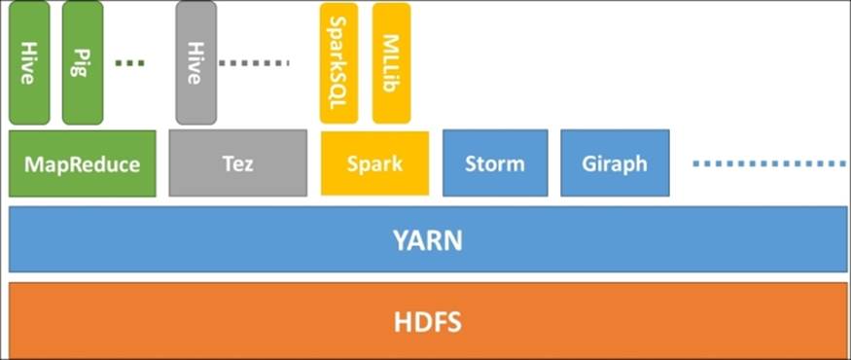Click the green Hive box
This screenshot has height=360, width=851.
pyautogui.click(x=29, y=63)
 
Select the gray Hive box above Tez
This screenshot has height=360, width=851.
pyautogui.click(x=195, y=63)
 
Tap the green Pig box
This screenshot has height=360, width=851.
pyautogui.click(x=83, y=63)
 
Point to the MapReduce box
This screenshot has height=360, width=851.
pyautogui.click(x=82, y=163)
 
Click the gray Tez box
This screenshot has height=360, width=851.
pyautogui.click(x=238, y=163)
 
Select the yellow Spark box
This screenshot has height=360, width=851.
pyautogui.click(x=374, y=163)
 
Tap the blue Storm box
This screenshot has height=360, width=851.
pyautogui.click(x=495, y=163)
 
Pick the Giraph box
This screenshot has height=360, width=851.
pyautogui.click(x=615, y=163)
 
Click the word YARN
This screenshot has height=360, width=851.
pyautogui.click(x=428, y=239)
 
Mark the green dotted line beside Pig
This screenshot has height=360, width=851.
pyautogui.click(x=129, y=63)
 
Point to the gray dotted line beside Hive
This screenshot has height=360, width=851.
pyautogui.click(x=255, y=63)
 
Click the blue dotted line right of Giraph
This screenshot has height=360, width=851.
pyautogui.click(x=768, y=163)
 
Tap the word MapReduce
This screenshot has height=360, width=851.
pyautogui.click(x=82, y=163)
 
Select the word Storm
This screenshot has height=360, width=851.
pyautogui.click(x=495, y=163)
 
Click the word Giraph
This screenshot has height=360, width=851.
pyautogui.click(x=615, y=163)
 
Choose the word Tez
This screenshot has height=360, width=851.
pyautogui.click(x=238, y=163)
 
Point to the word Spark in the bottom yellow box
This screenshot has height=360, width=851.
pyautogui.click(x=374, y=163)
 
